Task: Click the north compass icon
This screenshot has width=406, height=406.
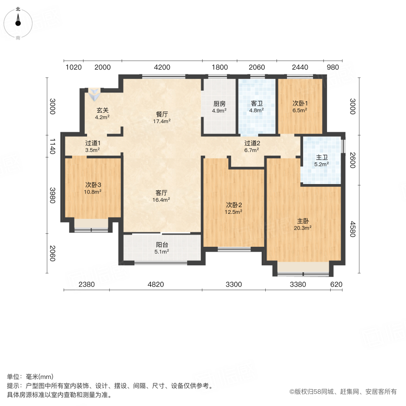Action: click(18, 23)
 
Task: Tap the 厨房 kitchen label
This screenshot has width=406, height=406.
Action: click(220, 103)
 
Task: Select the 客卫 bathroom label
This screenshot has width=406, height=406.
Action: click(257, 103)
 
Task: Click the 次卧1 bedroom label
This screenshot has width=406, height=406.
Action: click(300, 103)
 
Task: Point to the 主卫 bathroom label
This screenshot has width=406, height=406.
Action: click(322, 157)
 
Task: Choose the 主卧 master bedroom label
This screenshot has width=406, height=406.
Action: click(303, 221)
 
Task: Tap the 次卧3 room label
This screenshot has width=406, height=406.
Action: click(93, 185)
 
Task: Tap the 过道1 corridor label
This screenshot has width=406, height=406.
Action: click(92, 143)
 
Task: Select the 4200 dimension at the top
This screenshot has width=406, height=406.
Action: click(162, 68)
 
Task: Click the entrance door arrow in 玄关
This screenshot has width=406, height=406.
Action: click(95, 94)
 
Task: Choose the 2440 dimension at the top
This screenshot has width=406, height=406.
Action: click(300, 68)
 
